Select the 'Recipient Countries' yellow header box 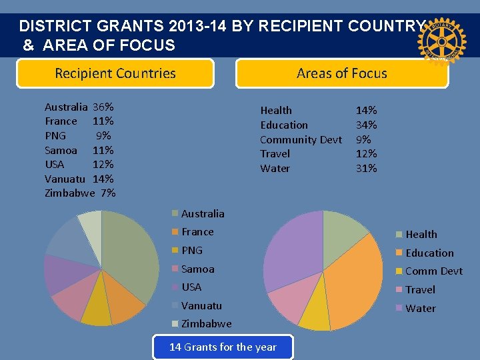(x=115, y=73)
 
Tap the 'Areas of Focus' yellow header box (x=342, y=73)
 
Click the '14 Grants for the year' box (x=223, y=347)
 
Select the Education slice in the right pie (x=353, y=280)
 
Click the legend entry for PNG (x=192, y=250)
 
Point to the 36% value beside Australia (x=103, y=107)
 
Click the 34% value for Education (x=366, y=125)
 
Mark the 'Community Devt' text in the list (x=301, y=139)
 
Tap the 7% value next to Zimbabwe (x=108, y=193)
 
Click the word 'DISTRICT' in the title (x=56, y=27)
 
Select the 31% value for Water (x=366, y=168)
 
